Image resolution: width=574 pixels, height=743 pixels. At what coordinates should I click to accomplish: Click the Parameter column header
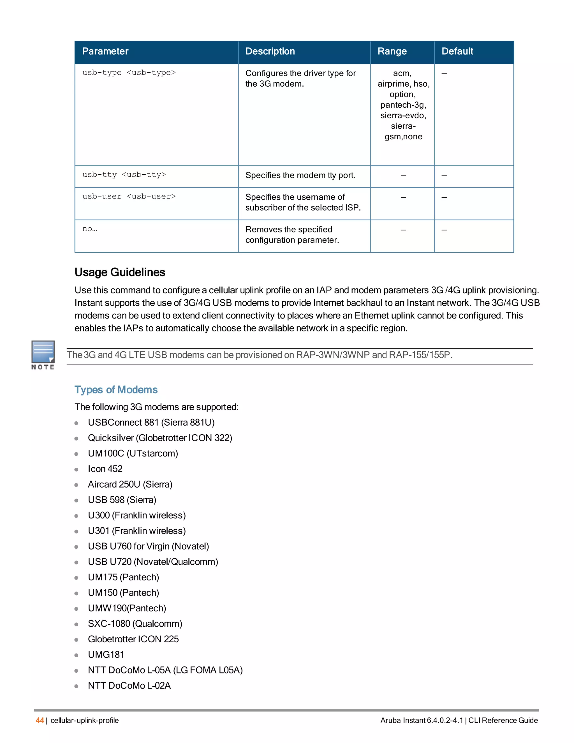pos(105,51)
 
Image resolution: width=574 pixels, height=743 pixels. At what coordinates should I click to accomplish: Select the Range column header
pos(392,51)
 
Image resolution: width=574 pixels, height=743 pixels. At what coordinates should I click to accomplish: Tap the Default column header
pos(457,51)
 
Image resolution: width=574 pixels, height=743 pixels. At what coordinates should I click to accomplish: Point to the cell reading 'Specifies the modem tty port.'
pos(300,176)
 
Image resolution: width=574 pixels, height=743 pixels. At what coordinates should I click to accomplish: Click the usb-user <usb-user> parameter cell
pos(129,197)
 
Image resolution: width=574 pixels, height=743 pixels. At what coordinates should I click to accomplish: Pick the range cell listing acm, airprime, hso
pos(403,105)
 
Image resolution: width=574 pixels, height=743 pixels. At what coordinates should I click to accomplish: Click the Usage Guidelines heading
pos(120,272)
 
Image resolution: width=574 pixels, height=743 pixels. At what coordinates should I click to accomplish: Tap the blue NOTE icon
pos(43,352)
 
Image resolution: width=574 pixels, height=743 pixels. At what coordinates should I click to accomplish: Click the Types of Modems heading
pos(116,389)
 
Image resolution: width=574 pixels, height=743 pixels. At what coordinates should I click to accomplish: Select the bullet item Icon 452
pos(105,469)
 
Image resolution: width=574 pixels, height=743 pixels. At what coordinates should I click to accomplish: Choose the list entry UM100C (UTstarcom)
pos(133,453)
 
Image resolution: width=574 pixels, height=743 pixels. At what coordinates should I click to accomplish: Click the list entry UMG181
pos(106,655)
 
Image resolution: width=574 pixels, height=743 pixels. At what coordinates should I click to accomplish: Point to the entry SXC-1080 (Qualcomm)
pos(135,624)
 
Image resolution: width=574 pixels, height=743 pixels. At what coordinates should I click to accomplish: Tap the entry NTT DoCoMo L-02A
pos(129,686)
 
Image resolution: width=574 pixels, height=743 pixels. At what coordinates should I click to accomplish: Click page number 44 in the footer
pos(40,720)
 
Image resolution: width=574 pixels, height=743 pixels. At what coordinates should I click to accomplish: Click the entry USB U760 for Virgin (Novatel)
pos(148,546)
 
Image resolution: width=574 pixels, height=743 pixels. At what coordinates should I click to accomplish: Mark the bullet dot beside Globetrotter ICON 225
pos(77,640)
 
